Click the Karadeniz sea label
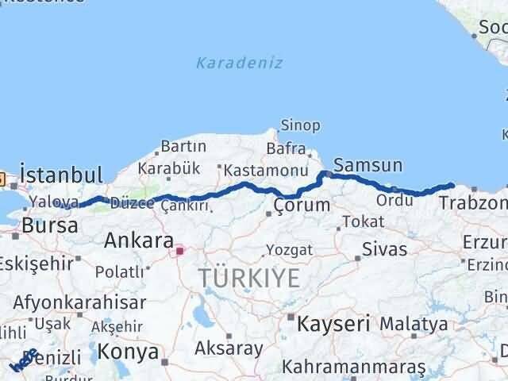pos(239,63)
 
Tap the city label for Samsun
pos(368,165)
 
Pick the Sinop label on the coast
pos(301,125)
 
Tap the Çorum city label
pos(301,205)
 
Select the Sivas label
pos(384,249)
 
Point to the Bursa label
pos(50,225)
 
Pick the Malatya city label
pos(413,324)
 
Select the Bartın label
pos(183,146)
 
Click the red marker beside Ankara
pos(180,252)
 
